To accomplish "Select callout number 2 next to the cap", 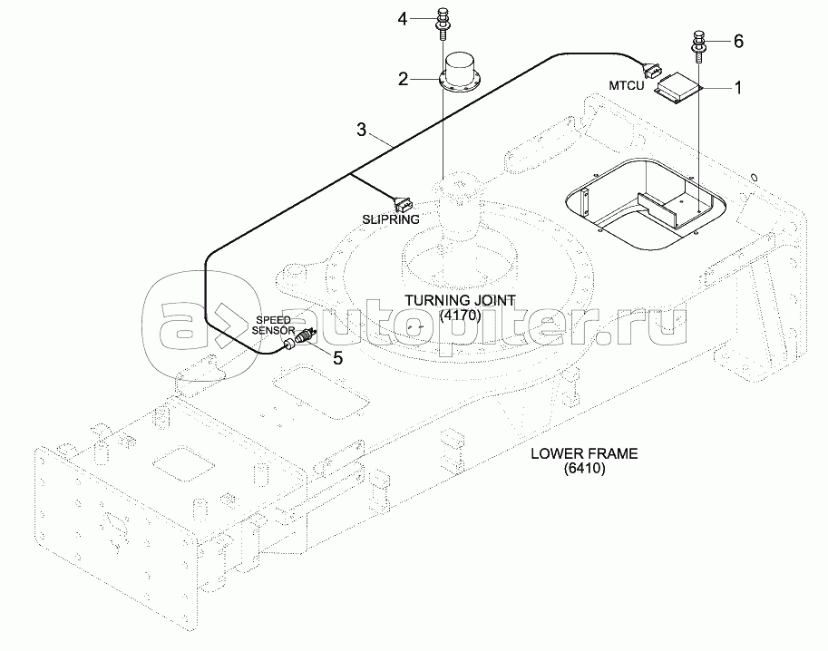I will coord(403,79).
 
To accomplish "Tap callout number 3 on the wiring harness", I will coord(361,131).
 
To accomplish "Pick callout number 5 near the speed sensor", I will coord(337,357).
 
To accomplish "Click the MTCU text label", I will coord(626,86).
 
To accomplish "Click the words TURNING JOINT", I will coord(460,300).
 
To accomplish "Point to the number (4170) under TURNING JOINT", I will coord(460,316).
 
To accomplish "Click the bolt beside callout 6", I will coord(700,44).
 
